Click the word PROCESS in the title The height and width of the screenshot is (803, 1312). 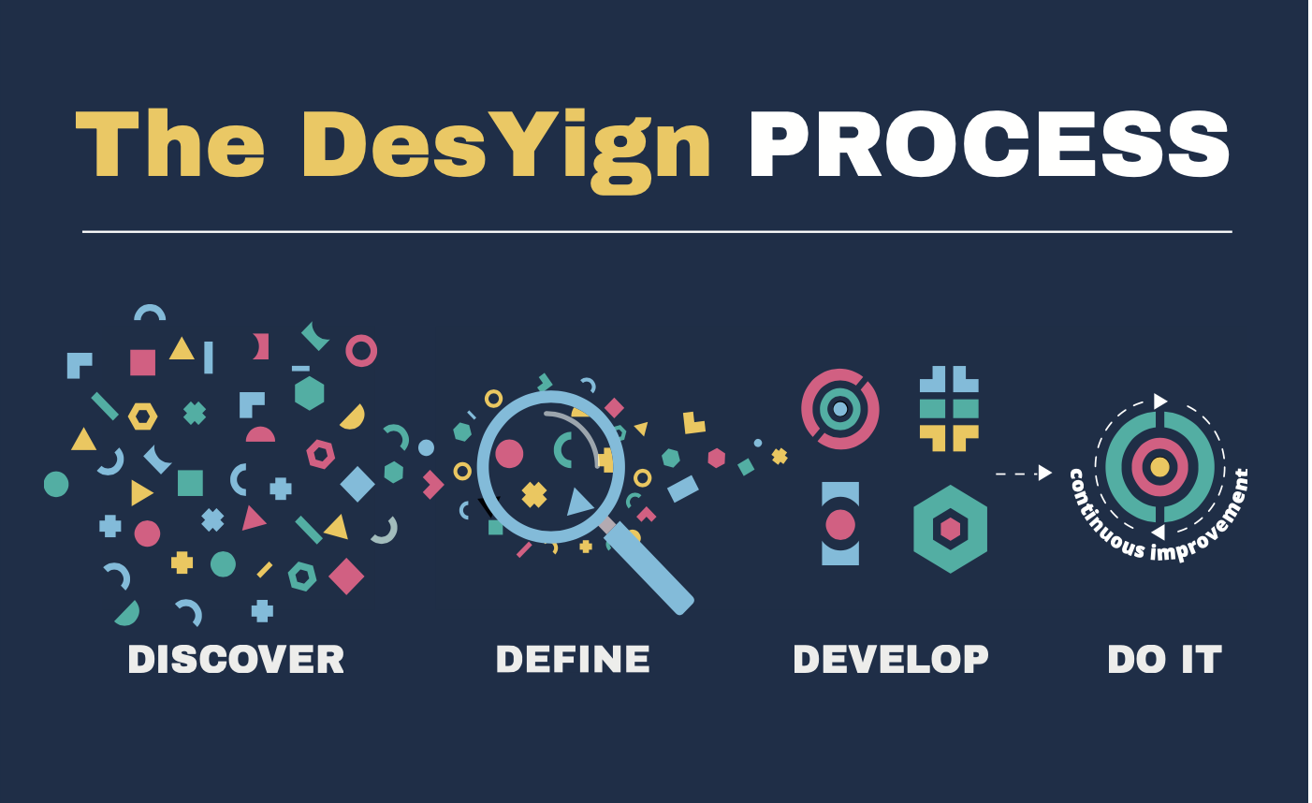coord(989,143)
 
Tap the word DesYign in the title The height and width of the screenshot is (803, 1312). coord(505,151)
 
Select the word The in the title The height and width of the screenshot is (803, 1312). coord(170,142)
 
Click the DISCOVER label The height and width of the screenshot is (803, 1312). coord(236,660)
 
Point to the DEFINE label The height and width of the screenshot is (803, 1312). coord(573,660)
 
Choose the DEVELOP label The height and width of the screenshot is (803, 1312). coord(891,660)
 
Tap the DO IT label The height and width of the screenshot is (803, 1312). coord(1165,660)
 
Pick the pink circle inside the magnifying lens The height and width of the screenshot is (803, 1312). coord(509,454)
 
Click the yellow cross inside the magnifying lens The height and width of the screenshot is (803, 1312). coord(534,494)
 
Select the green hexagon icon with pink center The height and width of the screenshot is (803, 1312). coord(950,529)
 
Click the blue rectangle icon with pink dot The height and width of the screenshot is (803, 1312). coord(840,523)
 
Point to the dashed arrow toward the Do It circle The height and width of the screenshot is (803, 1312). coord(1024,474)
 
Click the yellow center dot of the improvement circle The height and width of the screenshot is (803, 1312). coord(1159,467)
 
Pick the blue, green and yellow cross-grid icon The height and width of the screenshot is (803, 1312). coord(949,409)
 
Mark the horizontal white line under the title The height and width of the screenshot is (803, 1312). coord(657,232)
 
